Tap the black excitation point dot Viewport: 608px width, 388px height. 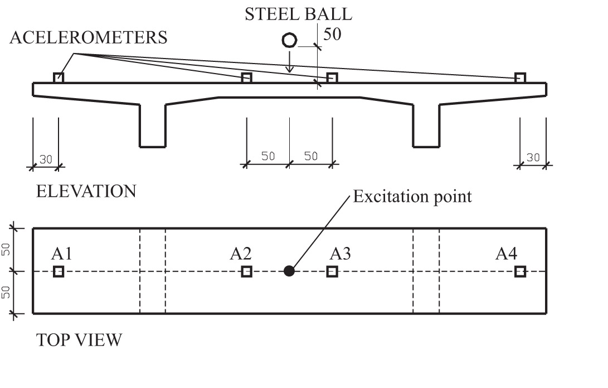(x=289, y=271)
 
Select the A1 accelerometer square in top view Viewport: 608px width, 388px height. (x=59, y=271)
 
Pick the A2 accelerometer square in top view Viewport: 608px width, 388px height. (x=247, y=271)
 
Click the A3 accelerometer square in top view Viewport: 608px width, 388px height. (x=332, y=271)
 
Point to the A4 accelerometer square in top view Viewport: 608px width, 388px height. (x=521, y=271)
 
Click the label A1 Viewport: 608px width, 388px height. (x=62, y=254)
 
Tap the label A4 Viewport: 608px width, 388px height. (x=507, y=254)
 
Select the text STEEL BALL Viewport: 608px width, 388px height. (x=298, y=14)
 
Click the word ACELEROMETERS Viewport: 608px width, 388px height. (x=89, y=38)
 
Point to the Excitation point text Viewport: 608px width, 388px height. (x=412, y=197)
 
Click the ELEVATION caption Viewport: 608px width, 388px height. (x=86, y=191)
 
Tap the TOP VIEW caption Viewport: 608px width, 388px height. (x=79, y=340)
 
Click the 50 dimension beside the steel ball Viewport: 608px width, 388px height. (x=332, y=34)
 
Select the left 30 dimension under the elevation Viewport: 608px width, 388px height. (x=46, y=159)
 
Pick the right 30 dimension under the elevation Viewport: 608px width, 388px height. (x=533, y=158)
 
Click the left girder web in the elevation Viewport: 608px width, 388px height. (x=153, y=126)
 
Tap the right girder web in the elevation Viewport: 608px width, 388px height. (x=426, y=126)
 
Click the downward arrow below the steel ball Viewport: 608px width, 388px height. (x=289, y=61)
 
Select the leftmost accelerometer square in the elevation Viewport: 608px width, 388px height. (x=59, y=77)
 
